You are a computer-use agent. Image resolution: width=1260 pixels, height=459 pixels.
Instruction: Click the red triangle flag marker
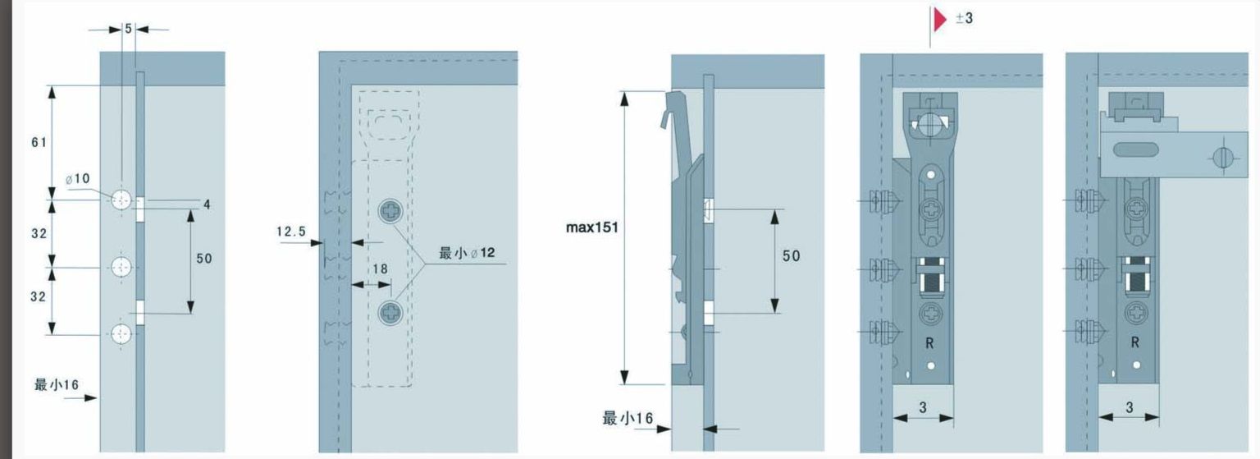coord(939,20)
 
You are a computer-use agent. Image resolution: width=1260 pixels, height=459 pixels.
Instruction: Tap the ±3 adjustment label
coord(964,18)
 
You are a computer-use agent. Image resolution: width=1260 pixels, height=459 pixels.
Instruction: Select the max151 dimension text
coord(591,227)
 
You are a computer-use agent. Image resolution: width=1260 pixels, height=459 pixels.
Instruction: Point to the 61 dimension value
coord(39,143)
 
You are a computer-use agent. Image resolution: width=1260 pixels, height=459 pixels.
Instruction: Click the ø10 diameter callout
coord(78,178)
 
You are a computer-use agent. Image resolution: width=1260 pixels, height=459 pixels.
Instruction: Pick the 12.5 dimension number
coord(291,232)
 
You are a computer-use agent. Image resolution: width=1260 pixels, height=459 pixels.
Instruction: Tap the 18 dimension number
coord(381,269)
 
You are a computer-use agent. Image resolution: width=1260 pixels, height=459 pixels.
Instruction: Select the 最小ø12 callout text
coord(467,253)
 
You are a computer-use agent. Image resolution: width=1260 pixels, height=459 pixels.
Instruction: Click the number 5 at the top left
coord(128,29)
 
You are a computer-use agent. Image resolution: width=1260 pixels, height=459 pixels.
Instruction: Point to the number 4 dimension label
coord(207,204)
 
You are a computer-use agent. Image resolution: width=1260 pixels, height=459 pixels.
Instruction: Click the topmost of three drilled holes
coord(121,200)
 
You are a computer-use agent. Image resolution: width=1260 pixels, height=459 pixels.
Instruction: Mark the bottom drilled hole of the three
coord(121,334)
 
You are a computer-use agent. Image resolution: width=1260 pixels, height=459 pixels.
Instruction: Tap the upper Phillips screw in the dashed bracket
coord(390,212)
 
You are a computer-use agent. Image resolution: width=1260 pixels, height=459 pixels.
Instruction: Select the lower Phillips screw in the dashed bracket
coord(390,313)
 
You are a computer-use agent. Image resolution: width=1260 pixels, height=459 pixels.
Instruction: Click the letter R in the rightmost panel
coord(1135,342)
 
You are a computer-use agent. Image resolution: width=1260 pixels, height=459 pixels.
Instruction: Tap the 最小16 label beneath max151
coord(628,418)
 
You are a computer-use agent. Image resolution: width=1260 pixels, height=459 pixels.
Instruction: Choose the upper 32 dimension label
coord(39,233)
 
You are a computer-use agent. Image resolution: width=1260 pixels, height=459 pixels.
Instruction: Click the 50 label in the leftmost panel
coord(204,259)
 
